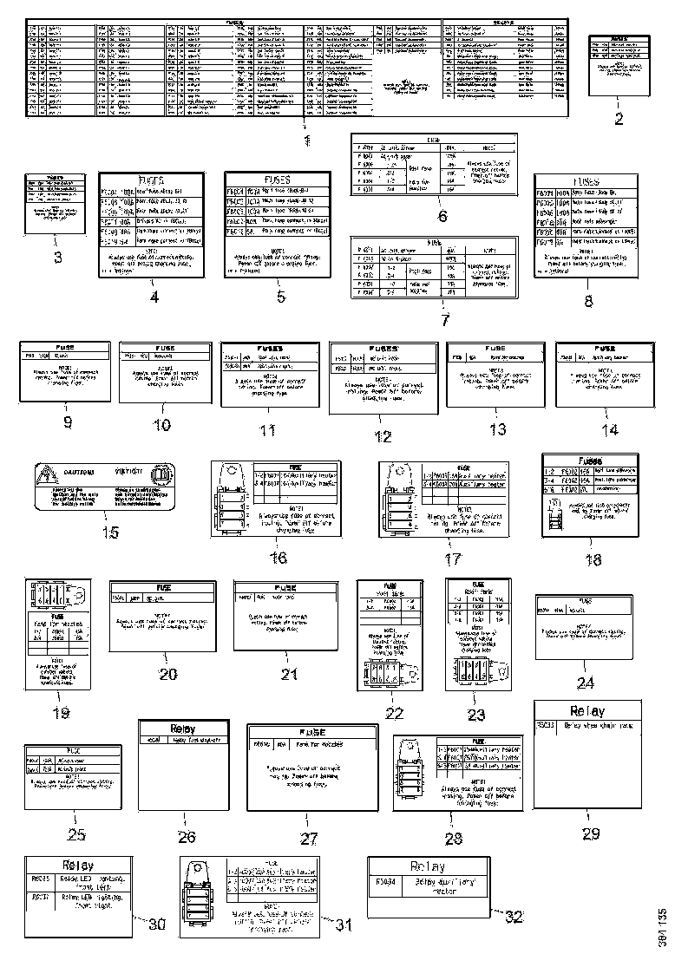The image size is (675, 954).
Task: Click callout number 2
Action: (619, 120)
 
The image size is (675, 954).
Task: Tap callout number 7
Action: (445, 320)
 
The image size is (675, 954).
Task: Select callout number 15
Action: (110, 532)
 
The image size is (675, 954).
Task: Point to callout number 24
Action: (587, 683)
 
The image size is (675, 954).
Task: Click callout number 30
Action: (156, 925)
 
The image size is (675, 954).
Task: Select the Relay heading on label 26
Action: (183, 729)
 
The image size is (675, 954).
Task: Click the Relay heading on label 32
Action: (427, 866)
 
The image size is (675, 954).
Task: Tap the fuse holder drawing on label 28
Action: (412, 773)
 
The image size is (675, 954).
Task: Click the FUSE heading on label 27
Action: (311, 733)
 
